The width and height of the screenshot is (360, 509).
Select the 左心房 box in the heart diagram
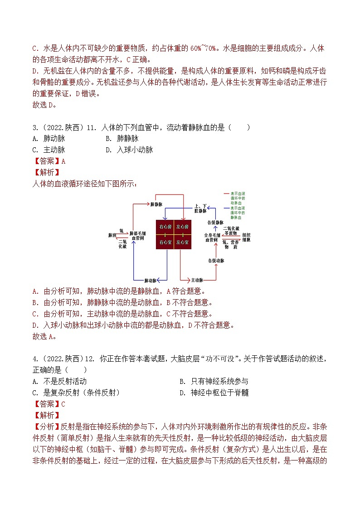click(x=182, y=226)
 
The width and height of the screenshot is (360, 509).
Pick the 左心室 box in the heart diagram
click(x=182, y=242)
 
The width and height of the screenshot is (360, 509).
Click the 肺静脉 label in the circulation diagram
click(x=156, y=204)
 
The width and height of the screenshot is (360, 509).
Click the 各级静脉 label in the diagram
click(x=215, y=223)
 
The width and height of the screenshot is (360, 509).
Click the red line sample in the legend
click(x=224, y=194)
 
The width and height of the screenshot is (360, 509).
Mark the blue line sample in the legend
click(x=224, y=207)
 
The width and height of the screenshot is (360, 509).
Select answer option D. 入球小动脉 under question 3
click(x=129, y=150)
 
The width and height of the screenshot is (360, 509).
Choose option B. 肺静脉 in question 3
click(x=122, y=139)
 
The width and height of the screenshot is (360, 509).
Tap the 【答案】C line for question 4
click(x=49, y=404)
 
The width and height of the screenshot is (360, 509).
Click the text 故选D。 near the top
click(x=45, y=105)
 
